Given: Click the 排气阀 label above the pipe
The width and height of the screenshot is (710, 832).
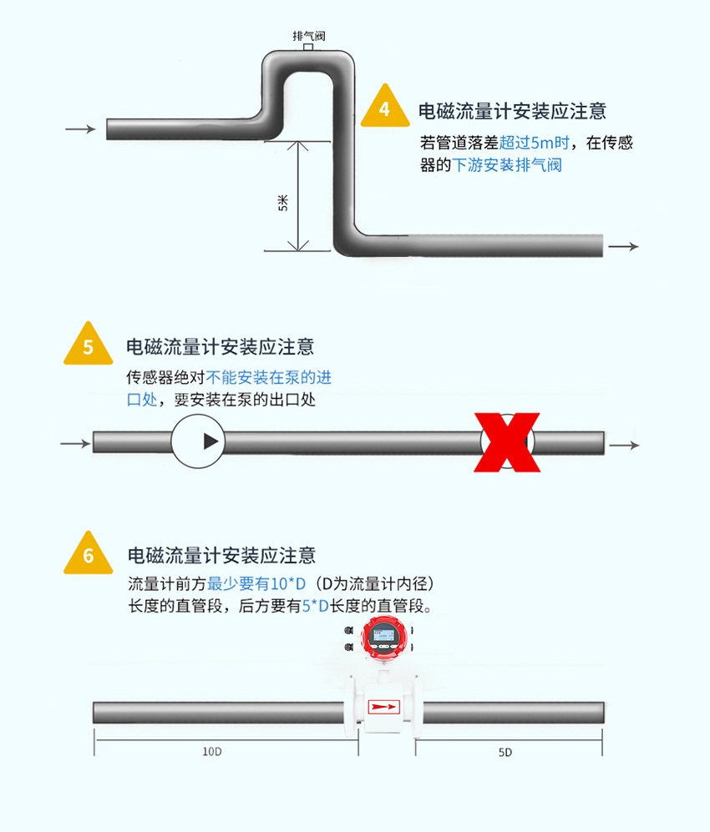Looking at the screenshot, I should click(x=308, y=36).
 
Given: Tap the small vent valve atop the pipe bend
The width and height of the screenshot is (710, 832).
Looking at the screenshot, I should click(x=308, y=48).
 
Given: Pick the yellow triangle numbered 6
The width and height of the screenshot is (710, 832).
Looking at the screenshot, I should click(x=89, y=554).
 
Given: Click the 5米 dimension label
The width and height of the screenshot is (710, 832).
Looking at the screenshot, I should click(x=282, y=202).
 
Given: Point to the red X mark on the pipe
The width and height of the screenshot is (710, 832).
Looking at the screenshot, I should click(x=507, y=442).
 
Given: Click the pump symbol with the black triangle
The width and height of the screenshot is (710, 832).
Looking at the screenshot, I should click(x=199, y=441).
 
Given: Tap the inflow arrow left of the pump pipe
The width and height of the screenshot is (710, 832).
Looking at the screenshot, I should click(x=75, y=442).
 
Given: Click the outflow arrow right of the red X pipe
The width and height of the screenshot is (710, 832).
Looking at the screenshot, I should click(x=624, y=444).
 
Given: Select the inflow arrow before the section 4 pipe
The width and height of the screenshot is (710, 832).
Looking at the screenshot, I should click(x=80, y=129).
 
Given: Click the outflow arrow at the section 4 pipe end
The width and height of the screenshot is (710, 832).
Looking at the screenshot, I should click(x=623, y=246).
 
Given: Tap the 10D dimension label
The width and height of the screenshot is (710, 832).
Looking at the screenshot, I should click(x=212, y=751).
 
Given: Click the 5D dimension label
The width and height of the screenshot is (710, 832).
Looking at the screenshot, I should click(x=505, y=752).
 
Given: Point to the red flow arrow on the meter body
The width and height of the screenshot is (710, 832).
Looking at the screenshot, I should click(x=384, y=707).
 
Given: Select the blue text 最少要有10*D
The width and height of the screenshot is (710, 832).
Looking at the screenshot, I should click(x=256, y=582).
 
